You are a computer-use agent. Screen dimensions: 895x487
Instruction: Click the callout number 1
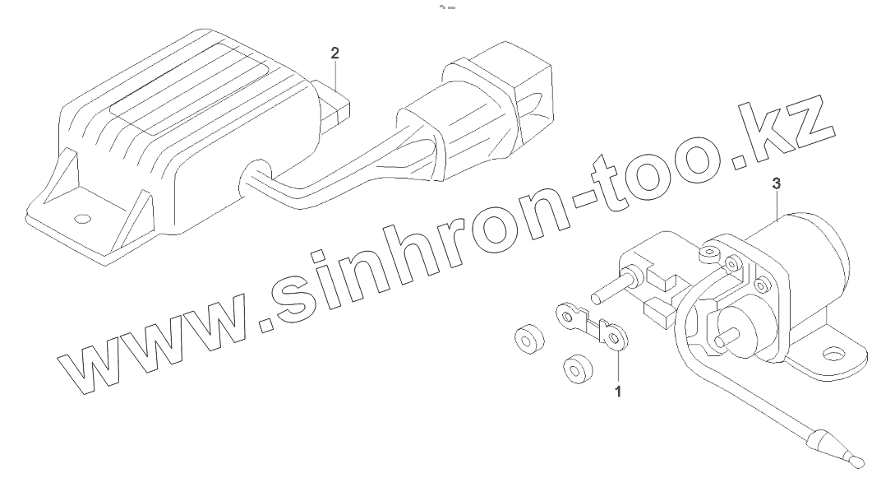(618, 392)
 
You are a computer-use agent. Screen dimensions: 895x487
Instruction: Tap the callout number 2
(334, 53)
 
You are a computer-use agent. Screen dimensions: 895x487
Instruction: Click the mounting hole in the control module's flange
(81, 220)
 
